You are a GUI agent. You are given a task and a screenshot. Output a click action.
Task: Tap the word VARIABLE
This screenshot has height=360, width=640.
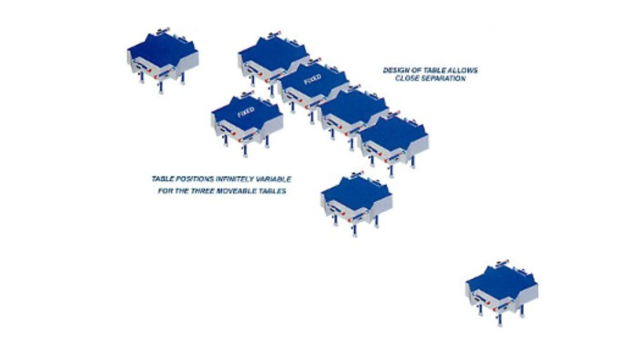[x=273, y=179]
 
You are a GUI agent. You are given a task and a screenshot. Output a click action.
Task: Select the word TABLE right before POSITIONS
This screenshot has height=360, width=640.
[x=162, y=179]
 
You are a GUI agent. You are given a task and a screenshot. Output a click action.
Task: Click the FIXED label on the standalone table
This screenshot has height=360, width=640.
[x=246, y=112]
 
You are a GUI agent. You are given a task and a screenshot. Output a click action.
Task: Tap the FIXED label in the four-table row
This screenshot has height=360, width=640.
[x=312, y=79]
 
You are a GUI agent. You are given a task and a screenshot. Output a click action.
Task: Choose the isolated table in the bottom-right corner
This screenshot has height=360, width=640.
[x=502, y=293]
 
